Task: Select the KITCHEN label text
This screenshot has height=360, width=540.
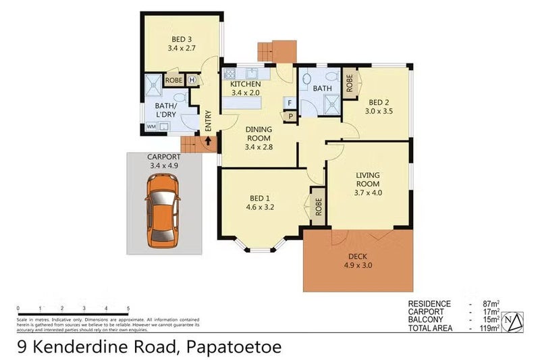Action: click(246, 84)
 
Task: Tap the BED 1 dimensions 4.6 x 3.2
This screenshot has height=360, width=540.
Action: click(260, 207)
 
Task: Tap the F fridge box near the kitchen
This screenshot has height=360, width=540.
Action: click(289, 103)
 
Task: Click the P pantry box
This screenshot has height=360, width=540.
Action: click(291, 115)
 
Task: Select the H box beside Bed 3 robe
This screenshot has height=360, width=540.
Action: click(192, 80)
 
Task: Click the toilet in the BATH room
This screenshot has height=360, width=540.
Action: click(306, 80)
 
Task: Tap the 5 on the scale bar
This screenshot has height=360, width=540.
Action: click(128, 308)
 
